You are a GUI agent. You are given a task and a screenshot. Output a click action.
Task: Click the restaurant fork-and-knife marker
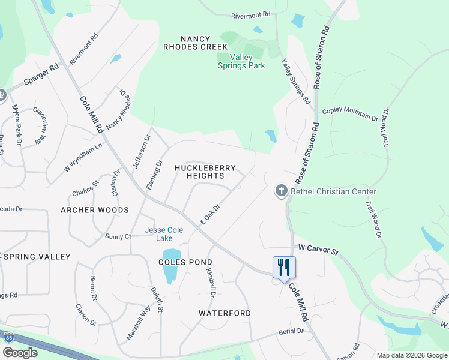[x=284, y=266]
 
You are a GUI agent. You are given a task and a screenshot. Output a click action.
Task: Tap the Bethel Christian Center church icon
[x=282, y=191]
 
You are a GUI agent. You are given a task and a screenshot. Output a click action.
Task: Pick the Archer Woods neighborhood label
[x=95, y=210]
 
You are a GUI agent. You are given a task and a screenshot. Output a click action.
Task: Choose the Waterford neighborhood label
[x=225, y=313]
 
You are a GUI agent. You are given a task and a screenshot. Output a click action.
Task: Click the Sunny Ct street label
[x=118, y=236]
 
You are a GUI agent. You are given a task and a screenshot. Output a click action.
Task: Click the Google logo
[x=20, y=353]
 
